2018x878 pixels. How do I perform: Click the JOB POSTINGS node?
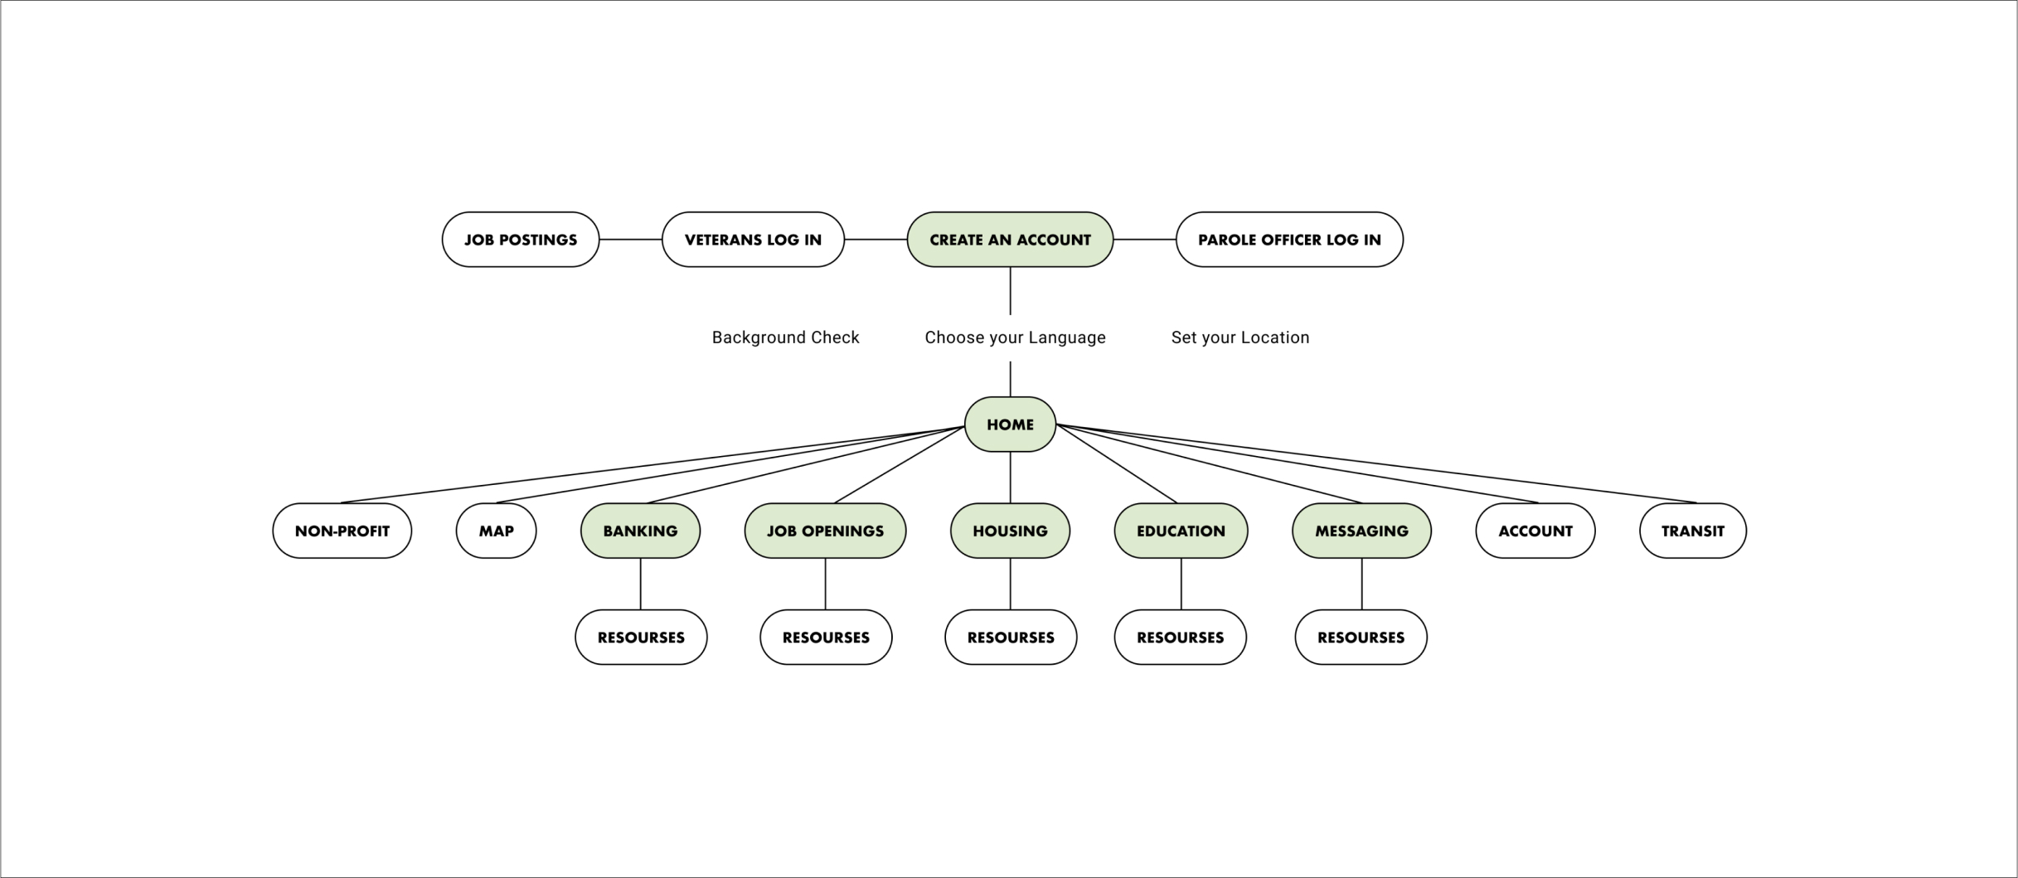pyautogui.click(x=520, y=240)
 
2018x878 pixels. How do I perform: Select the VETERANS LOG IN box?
pyautogui.click(x=753, y=240)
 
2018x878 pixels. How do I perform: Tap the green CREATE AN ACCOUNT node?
pyautogui.click(x=1010, y=240)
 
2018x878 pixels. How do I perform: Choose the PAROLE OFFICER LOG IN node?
pyautogui.click(x=1289, y=240)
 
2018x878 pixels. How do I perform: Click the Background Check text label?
pyautogui.click(x=785, y=337)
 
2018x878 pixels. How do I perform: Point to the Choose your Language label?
pyautogui.click(x=1015, y=337)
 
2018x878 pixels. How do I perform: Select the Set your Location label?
pyautogui.click(x=1239, y=337)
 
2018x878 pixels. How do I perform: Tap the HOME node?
pyautogui.click(x=1010, y=424)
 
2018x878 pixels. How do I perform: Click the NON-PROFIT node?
pyautogui.click(x=342, y=531)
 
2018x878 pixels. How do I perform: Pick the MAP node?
pyautogui.click(x=496, y=531)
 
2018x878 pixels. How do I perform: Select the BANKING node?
pyautogui.click(x=640, y=531)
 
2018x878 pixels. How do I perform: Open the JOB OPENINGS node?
pyautogui.click(x=825, y=531)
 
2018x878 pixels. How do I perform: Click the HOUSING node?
pyautogui.click(x=1010, y=531)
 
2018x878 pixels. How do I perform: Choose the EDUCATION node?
pyautogui.click(x=1181, y=531)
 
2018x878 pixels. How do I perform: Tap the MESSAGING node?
pyautogui.click(x=1361, y=531)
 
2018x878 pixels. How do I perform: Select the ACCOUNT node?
pyautogui.click(x=1535, y=531)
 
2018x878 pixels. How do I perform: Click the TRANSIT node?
pyautogui.click(x=1692, y=531)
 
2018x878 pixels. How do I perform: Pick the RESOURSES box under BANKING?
pyautogui.click(x=641, y=638)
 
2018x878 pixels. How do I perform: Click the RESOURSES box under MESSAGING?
pyautogui.click(x=1361, y=638)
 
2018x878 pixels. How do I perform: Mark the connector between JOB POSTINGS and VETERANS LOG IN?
pyautogui.click(x=630, y=240)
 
